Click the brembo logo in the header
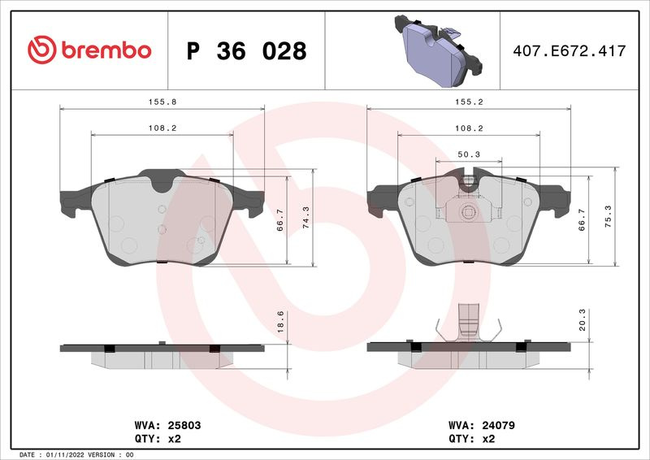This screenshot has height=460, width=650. (89, 50)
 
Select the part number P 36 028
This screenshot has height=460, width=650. (246, 51)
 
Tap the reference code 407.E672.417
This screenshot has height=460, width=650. (570, 50)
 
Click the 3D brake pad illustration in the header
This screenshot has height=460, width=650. (438, 50)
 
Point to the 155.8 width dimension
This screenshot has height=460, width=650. (162, 102)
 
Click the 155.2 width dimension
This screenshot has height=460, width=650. (469, 102)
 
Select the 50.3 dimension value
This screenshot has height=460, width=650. (469, 154)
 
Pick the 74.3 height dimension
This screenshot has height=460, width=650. (306, 217)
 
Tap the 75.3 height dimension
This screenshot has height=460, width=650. (608, 216)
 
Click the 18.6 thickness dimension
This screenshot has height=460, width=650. (280, 322)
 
